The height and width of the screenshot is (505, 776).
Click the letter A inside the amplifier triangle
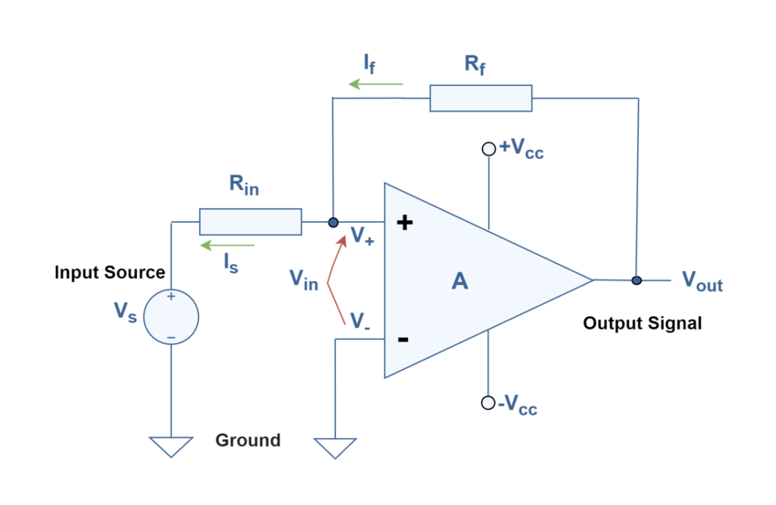tap(459, 281)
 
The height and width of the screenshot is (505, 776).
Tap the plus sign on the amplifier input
tap(404, 222)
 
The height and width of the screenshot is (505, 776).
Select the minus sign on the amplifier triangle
tap(403, 341)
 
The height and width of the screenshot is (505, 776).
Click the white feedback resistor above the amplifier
tap(480, 98)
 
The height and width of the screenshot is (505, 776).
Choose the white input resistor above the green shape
tap(250, 222)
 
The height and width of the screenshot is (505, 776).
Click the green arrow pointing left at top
tap(375, 84)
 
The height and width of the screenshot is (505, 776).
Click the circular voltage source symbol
tap(171, 317)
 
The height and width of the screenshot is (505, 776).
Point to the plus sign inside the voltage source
tap(171, 297)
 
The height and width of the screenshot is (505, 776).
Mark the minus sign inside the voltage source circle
tap(171, 338)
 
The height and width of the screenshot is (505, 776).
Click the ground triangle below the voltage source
tap(171, 447)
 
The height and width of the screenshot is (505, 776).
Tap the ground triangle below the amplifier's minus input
tap(334, 447)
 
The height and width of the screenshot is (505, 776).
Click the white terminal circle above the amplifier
tap(488, 149)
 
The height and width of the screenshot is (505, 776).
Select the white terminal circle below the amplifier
tap(488, 403)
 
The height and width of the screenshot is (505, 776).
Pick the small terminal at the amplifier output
tap(636, 281)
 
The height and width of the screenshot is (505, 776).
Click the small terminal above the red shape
tap(333, 222)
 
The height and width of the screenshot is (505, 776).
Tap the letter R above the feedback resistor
tap(472, 63)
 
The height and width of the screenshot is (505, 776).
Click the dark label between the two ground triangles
tap(264, 440)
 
